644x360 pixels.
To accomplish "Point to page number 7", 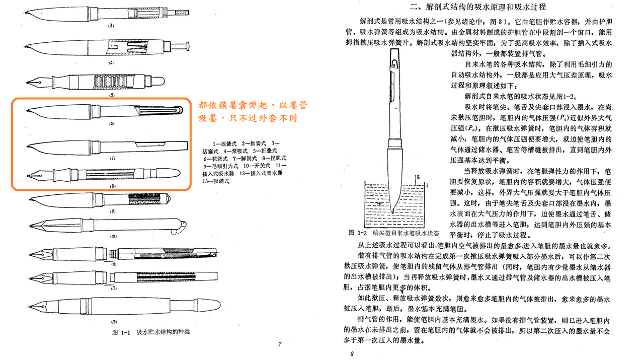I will [279, 344].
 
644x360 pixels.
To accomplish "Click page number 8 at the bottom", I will [352, 353].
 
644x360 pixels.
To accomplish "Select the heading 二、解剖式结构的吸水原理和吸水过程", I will [477, 7].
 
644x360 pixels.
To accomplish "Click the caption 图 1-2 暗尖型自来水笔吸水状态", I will [393, 234].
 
